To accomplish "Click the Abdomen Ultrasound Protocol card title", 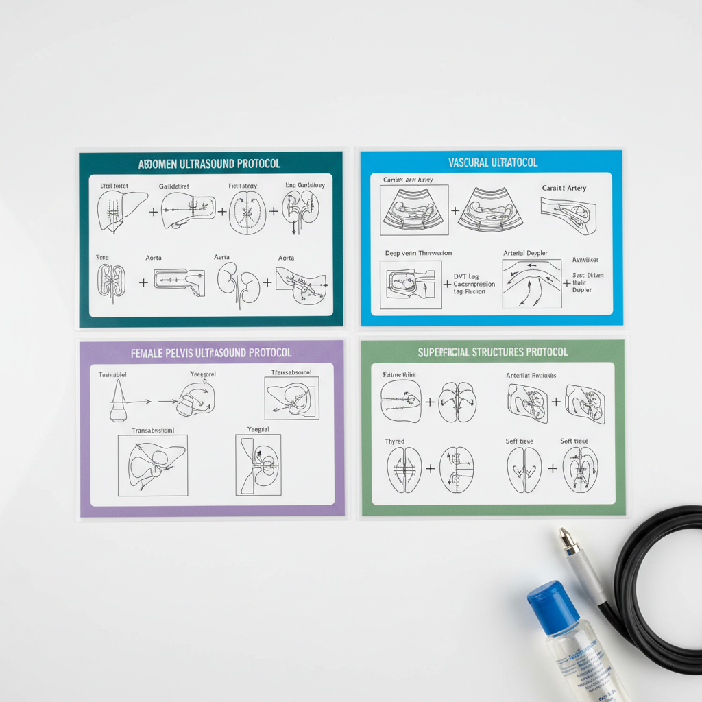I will click(209, 165).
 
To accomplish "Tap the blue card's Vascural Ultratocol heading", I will click(492, 162).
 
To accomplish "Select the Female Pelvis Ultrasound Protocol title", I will click(211, 353).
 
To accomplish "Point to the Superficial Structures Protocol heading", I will click(492, 352).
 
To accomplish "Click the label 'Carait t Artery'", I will click(564, 188).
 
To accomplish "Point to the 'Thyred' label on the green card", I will click(395, 441).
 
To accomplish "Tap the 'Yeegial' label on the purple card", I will click(258, 429).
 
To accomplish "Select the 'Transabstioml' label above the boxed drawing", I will click(153, 431).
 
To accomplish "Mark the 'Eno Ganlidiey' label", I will click(305, 185).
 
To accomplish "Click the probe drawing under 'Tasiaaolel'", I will click(117, 402).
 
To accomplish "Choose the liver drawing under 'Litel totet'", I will click(121, 210).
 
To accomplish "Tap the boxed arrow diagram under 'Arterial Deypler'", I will click(531, 283).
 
